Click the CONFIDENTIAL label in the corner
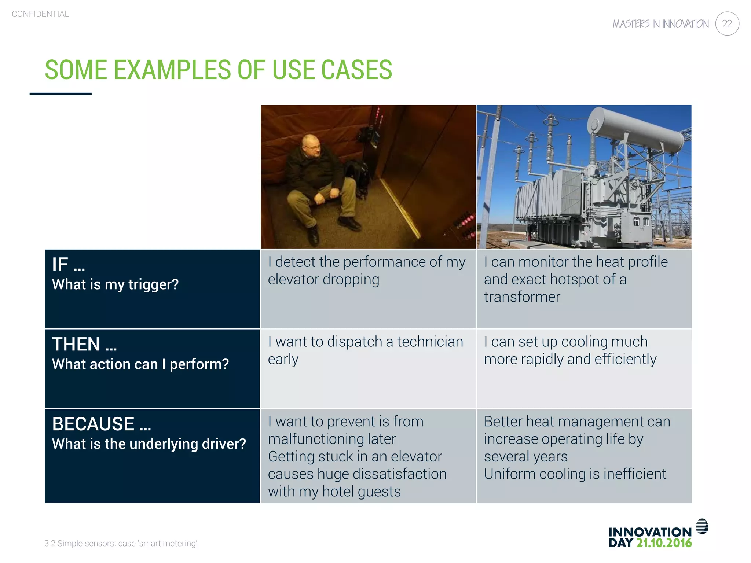click(40, 14)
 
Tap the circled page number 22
click(727, 24)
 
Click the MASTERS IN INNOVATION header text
click(660, 24)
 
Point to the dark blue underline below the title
click(61, 94)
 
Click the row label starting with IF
click(68, 265)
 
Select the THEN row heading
click(84, 344)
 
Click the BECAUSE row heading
click(101, 424)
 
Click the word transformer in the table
click(522, 297)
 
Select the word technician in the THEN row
click(430, 342)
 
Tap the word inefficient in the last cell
click(634, 474)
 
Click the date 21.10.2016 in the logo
click(664, 543)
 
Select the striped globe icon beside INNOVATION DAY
click(702, 526)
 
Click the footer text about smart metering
click(121, 543)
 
